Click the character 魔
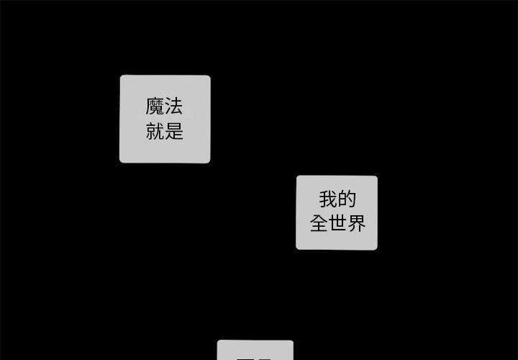155,108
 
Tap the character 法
173,108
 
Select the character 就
155,131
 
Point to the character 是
173,131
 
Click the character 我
328,199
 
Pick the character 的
346,199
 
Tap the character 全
319,223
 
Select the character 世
337,223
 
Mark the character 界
357,223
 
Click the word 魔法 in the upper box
164,108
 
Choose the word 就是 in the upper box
164,131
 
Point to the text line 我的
337,199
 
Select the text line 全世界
337,223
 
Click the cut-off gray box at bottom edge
255,350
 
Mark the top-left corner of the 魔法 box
121,76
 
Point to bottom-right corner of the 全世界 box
376,248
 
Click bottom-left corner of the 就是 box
121,161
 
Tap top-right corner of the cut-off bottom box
291,342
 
